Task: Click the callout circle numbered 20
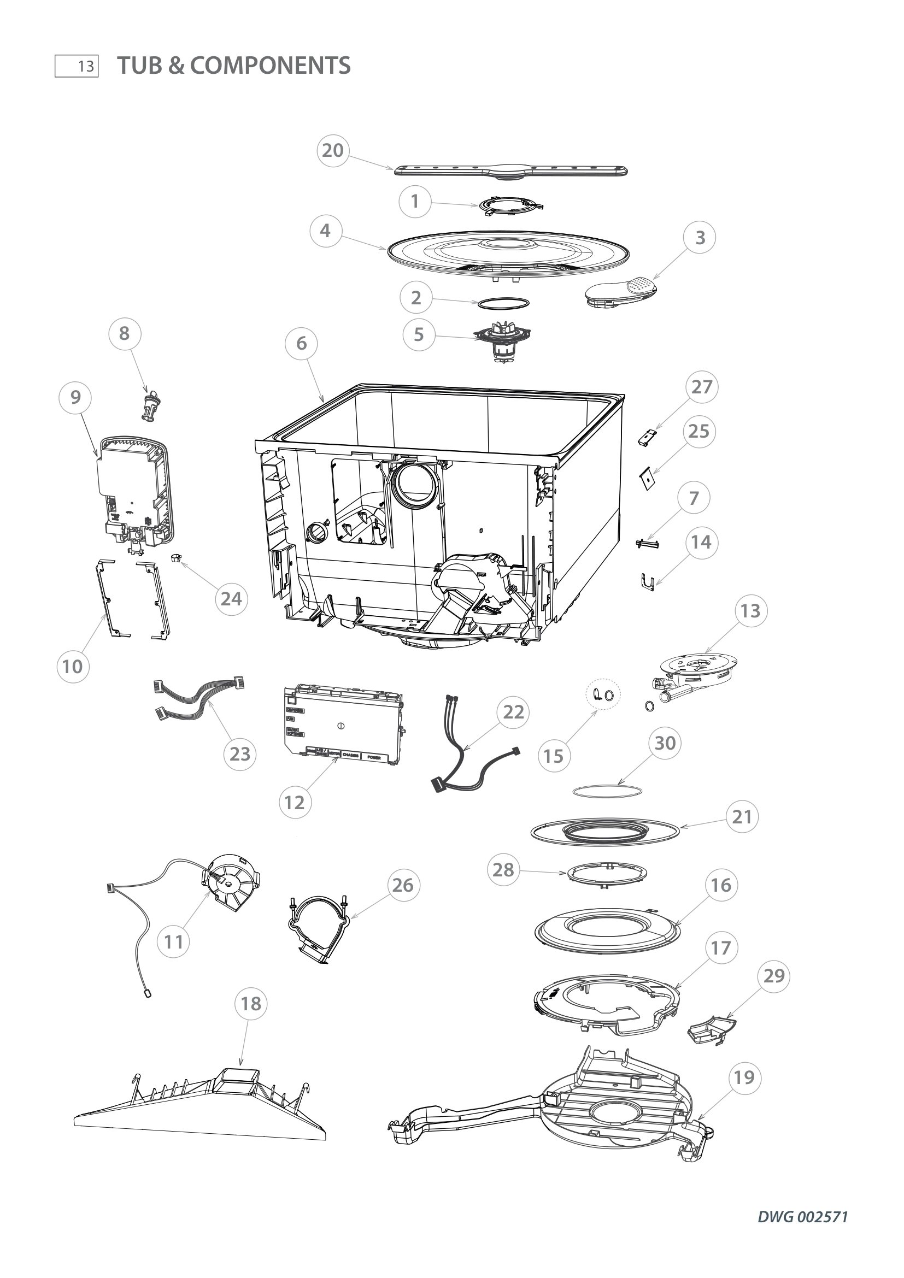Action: point(333,150)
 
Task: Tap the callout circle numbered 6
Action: point(301,343)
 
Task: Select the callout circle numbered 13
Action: point(750,611)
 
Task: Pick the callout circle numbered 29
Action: point(774,991)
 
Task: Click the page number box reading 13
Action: point(77,66)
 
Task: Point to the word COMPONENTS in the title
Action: point(270,66)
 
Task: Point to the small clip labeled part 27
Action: point(647,438)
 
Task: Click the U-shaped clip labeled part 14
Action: point(647,582)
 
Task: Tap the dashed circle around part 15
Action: point(603,694)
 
